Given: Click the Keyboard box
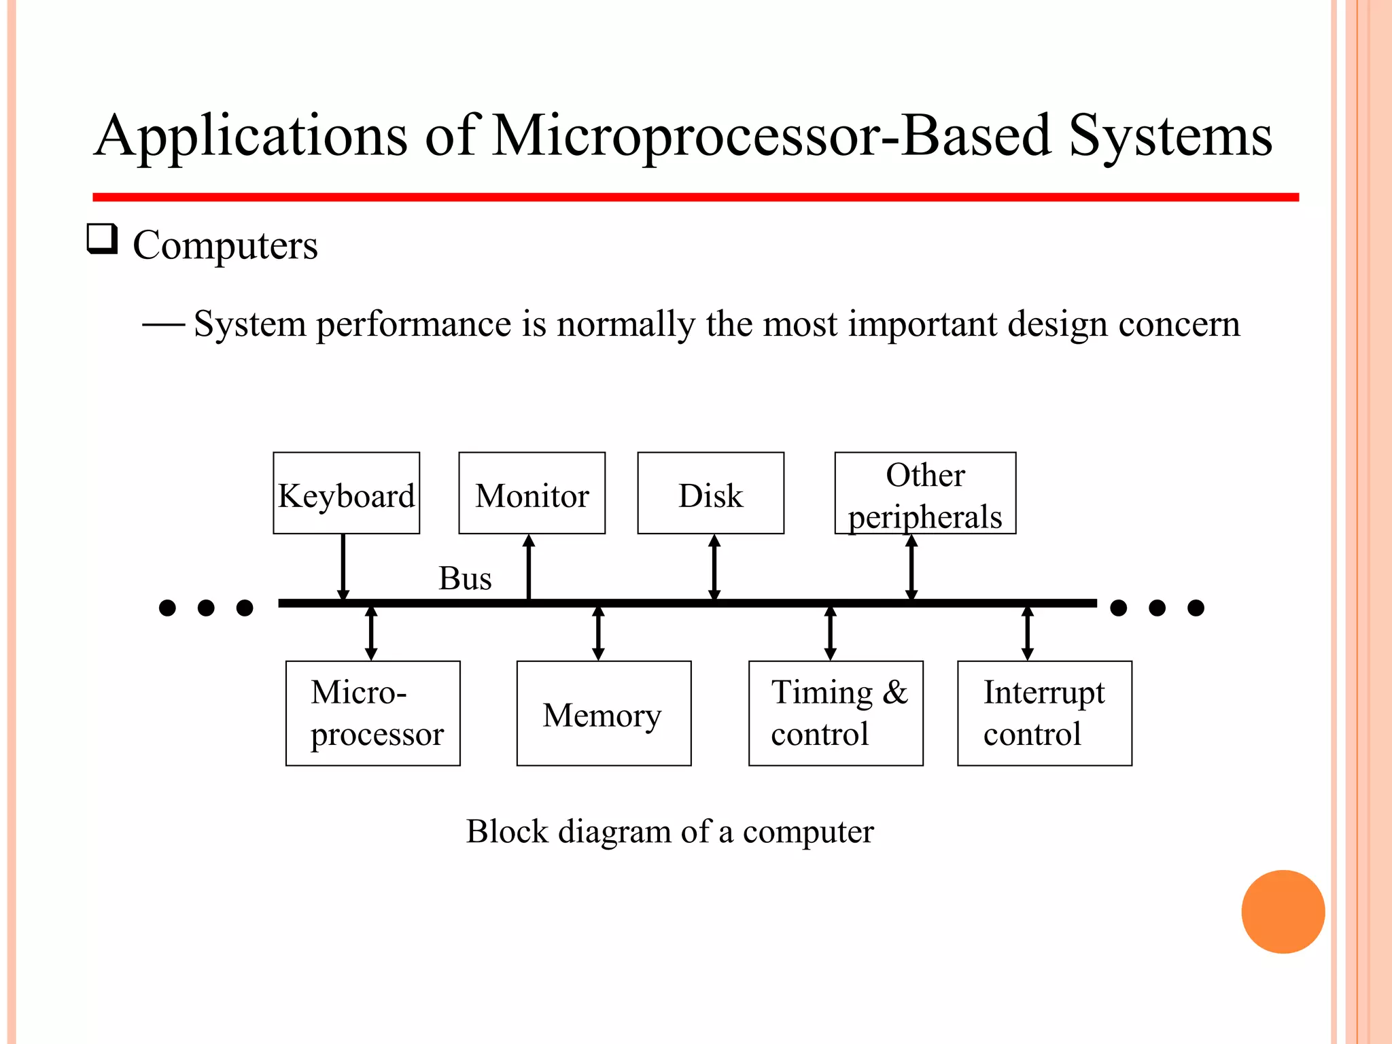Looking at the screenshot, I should point(346,493).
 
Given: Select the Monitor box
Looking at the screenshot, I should point(532,493).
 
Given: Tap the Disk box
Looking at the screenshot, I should point(710,493).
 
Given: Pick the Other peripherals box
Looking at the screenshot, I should point(925,493).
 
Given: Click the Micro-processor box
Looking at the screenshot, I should point(372,713).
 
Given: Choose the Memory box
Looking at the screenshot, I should point(604,713).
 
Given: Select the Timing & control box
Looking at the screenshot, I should point(835,713).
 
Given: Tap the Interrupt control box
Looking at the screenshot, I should point(1044,713).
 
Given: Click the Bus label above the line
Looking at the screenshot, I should point(465,578).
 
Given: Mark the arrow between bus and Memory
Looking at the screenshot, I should point(598,633).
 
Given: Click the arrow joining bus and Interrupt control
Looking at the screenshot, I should point(1028,633).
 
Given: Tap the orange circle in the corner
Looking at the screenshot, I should point(1283,911).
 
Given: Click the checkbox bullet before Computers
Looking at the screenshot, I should point(102,239).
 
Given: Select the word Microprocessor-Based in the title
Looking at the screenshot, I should point(771,136).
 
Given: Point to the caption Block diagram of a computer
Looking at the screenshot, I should point(669,831).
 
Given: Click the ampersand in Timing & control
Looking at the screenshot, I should point(895,693).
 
